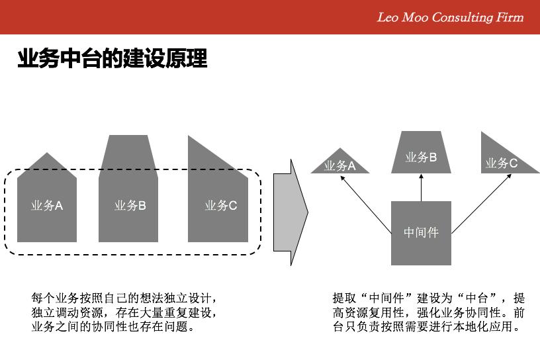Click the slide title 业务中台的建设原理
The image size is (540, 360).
point(112,58)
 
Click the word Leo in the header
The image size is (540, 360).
point(388,17)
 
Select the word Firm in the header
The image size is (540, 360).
point(510,17)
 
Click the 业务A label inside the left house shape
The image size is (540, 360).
point(47,206)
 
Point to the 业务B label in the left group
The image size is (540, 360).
point(130,206)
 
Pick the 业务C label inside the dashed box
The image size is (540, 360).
point(221,206)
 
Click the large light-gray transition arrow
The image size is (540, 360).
point(291,212)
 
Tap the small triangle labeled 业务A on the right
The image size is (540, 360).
point(340,164)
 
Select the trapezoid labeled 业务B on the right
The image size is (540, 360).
point(421,152)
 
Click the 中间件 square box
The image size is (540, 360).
point(421,233)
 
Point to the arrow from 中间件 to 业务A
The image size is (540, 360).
point(366,204)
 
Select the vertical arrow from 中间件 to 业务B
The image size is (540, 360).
point(421,187)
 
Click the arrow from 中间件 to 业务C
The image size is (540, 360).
point(482,204)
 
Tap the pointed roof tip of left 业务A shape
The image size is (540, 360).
point(47,153)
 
